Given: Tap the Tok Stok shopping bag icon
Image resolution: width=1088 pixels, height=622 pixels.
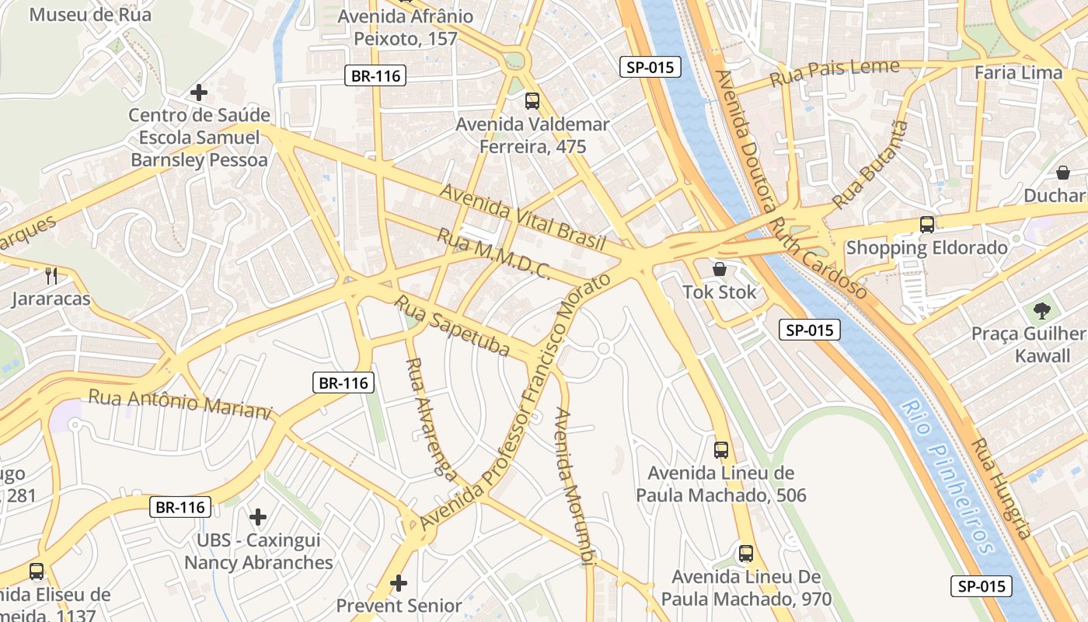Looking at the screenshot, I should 720,270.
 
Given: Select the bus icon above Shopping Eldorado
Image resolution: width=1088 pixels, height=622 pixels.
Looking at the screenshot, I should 926,225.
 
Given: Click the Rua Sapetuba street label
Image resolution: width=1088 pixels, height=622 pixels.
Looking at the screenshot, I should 452,326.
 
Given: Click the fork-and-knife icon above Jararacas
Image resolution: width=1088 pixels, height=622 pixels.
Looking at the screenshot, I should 51,275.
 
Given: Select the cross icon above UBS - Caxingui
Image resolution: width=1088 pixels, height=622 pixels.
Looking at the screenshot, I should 258,516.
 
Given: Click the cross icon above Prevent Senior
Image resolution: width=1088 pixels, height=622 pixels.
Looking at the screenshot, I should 399,582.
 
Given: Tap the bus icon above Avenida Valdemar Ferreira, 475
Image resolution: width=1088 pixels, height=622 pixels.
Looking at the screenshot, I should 532,100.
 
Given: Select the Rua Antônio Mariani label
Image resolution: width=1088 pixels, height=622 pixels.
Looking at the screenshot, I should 180,403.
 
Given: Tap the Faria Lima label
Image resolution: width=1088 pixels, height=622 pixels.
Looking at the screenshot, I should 1018,73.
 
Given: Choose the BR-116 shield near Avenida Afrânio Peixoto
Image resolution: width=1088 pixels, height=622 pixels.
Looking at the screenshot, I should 375,75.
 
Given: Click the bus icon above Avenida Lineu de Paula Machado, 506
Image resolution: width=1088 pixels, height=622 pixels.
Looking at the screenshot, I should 721,449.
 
